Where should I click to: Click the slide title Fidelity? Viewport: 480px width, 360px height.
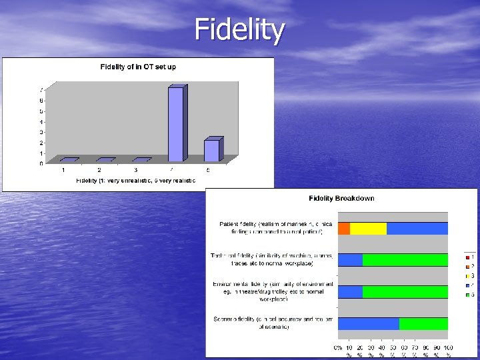[239, 29]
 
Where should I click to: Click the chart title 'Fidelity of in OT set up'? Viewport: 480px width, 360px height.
[138, 67]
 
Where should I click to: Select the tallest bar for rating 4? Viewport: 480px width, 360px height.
[175, 124]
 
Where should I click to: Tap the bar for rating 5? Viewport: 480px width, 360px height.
[211, 150]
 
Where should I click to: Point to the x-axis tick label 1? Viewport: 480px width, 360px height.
[63, 170]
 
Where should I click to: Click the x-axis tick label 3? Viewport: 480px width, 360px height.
[135, 170]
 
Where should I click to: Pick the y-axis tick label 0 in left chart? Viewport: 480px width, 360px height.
[41, 163]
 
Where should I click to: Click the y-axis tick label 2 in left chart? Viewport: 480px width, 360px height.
[41, 143]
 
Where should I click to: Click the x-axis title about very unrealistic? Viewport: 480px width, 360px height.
[136, 181]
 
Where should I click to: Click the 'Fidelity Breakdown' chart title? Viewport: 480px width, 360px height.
[341, 198]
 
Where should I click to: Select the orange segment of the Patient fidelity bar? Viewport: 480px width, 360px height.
[344, 229]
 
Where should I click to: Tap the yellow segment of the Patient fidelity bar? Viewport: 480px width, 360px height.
[368, 229]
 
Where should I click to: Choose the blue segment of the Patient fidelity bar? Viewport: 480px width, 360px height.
[417, 229]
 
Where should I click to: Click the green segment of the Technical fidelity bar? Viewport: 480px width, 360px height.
[405, 260]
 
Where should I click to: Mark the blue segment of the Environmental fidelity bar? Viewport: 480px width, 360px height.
[351, 291]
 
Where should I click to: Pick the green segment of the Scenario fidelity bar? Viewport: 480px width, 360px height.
[423, 323]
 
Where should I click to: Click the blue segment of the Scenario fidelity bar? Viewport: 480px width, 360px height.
[369, 323]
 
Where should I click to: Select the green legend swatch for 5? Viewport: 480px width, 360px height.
[467, 294]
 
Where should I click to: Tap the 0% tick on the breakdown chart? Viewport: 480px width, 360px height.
[338, 348]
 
